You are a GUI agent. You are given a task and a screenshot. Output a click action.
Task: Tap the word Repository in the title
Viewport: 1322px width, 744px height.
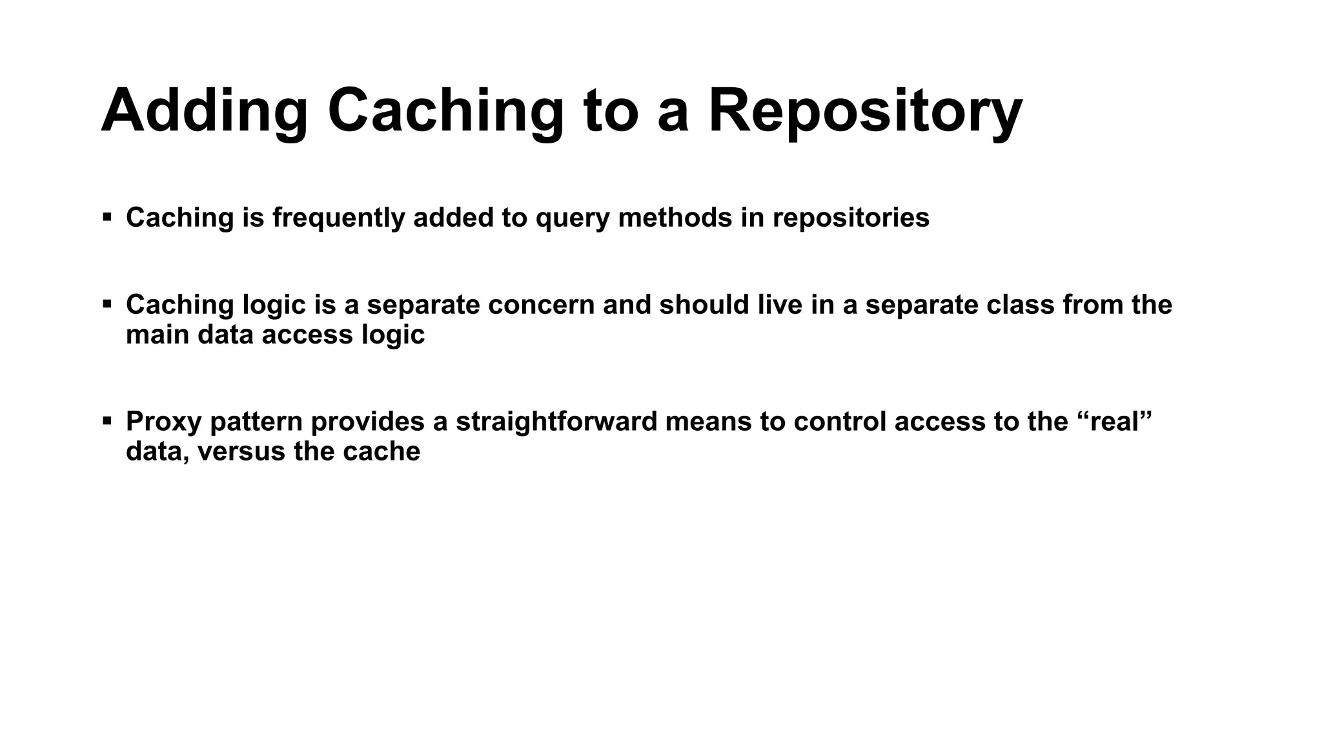(x=865, y=111)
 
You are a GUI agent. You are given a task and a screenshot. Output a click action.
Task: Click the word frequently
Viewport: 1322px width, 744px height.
(x=338, y=218)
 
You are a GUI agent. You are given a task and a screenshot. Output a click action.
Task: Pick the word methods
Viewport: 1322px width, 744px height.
(x=675, y=218)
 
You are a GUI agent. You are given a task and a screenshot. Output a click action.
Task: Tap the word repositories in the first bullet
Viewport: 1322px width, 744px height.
(x=851, y=218)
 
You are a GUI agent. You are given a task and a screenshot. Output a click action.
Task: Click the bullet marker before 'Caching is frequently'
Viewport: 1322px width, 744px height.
(x=107, y=216)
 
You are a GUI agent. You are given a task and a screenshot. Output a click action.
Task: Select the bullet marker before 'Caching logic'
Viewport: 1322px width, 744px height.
(x=107, y=304)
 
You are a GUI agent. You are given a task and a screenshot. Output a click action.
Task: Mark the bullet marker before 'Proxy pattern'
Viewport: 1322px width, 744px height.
(x=107, y=421)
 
